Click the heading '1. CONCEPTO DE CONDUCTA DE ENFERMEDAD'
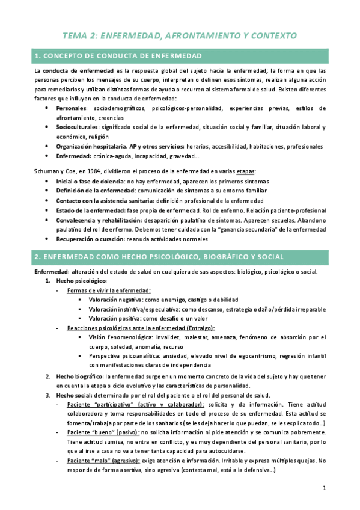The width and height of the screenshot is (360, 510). pos(118,57)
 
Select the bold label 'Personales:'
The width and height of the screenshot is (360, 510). pos(72,108)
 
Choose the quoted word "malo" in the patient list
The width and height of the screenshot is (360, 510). pos(105,461)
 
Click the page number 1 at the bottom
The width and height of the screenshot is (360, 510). pos(323,488)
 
